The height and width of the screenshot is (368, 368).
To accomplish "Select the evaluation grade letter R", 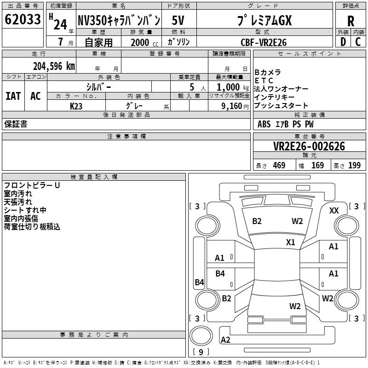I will click(351, 21).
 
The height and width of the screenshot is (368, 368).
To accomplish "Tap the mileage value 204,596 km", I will click(54, 66).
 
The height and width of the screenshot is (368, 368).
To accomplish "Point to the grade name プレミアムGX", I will click(264, 20).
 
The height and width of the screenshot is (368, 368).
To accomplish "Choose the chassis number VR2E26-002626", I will click(309, 146).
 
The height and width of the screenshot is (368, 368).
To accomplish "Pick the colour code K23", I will click(76, 106).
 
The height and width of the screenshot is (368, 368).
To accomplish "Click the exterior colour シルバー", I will click(98, 86).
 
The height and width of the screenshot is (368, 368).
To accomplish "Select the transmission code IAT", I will click(13, 96).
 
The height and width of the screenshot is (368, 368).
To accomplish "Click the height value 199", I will click(355, 166).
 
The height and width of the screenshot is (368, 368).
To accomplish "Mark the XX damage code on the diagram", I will click(334, 210).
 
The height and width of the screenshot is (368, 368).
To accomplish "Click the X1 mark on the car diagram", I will click(290, 242).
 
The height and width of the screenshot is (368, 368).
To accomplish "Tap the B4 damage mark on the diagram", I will click(200, 282).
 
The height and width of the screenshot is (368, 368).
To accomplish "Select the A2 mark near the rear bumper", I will click(225, 340).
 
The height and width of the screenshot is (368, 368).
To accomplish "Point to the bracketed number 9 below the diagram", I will click(201, 352).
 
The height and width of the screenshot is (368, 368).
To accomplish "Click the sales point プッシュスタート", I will click(281, 106).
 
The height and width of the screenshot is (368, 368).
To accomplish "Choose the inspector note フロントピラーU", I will click(32, 185).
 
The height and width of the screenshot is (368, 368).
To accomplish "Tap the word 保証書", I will click(16, 124).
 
